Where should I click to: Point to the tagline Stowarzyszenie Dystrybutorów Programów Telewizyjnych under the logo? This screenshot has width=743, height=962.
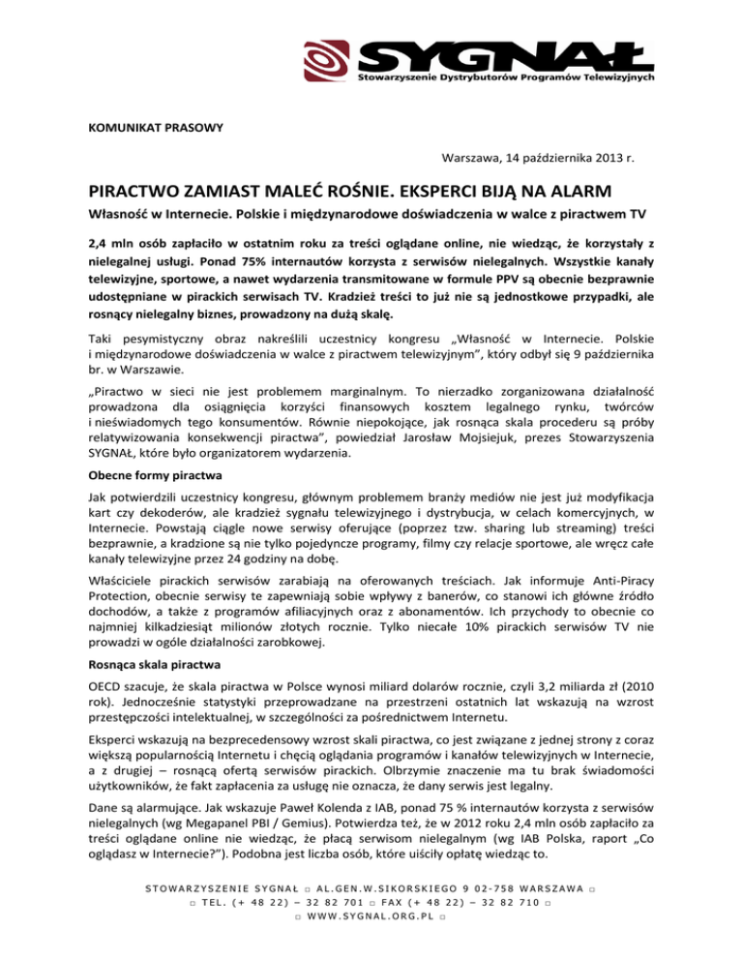click(508, 75)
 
